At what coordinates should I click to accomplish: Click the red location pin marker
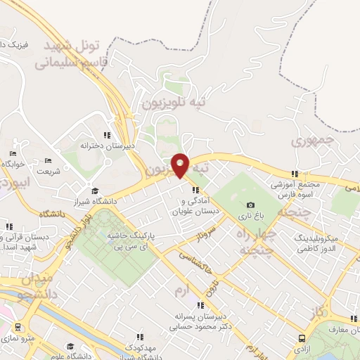181,165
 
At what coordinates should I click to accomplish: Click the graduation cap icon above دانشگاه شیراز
95,191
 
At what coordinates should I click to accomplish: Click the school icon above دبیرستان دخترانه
107,135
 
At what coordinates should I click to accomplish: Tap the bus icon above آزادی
302,337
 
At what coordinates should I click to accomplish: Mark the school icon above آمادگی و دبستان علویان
195,190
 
